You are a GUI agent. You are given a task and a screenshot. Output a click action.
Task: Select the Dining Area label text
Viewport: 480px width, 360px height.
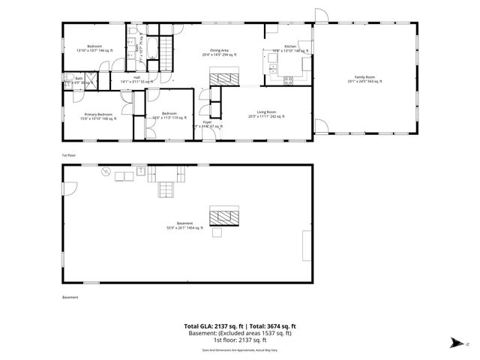[x=219, y=52]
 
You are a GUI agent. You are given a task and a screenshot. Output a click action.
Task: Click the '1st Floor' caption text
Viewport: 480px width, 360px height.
[x=69, y=155]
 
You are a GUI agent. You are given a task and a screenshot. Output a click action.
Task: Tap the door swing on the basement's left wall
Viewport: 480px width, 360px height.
[x=68, y=189]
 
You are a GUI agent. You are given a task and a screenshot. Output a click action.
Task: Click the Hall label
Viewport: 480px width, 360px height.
[x=136, y=78]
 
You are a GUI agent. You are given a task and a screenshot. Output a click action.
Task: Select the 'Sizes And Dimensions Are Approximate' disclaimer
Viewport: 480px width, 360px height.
[x=239, y=349]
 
